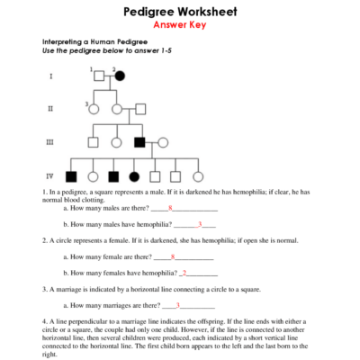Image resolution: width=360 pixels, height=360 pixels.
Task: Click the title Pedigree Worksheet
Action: pos(180,12)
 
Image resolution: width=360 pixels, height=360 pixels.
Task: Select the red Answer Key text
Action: pos(180,25)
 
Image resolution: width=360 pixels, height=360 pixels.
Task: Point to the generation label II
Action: pos(50,110)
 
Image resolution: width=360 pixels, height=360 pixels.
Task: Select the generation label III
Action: pos(50,142)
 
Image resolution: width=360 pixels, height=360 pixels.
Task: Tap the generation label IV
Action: pos(50,175)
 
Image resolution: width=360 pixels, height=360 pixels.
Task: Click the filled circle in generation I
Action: pos(119,76)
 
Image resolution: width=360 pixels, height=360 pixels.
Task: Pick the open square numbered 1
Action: pos(97,76)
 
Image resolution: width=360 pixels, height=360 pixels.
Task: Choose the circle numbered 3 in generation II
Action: pos(94,110)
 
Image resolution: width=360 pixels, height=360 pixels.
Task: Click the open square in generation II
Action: pos(139,110)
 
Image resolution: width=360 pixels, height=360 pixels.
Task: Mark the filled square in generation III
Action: pos(139,142)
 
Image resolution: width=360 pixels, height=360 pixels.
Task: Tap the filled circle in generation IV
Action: pos(135,175)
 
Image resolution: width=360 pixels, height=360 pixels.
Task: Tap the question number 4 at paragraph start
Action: pos(44,321)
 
